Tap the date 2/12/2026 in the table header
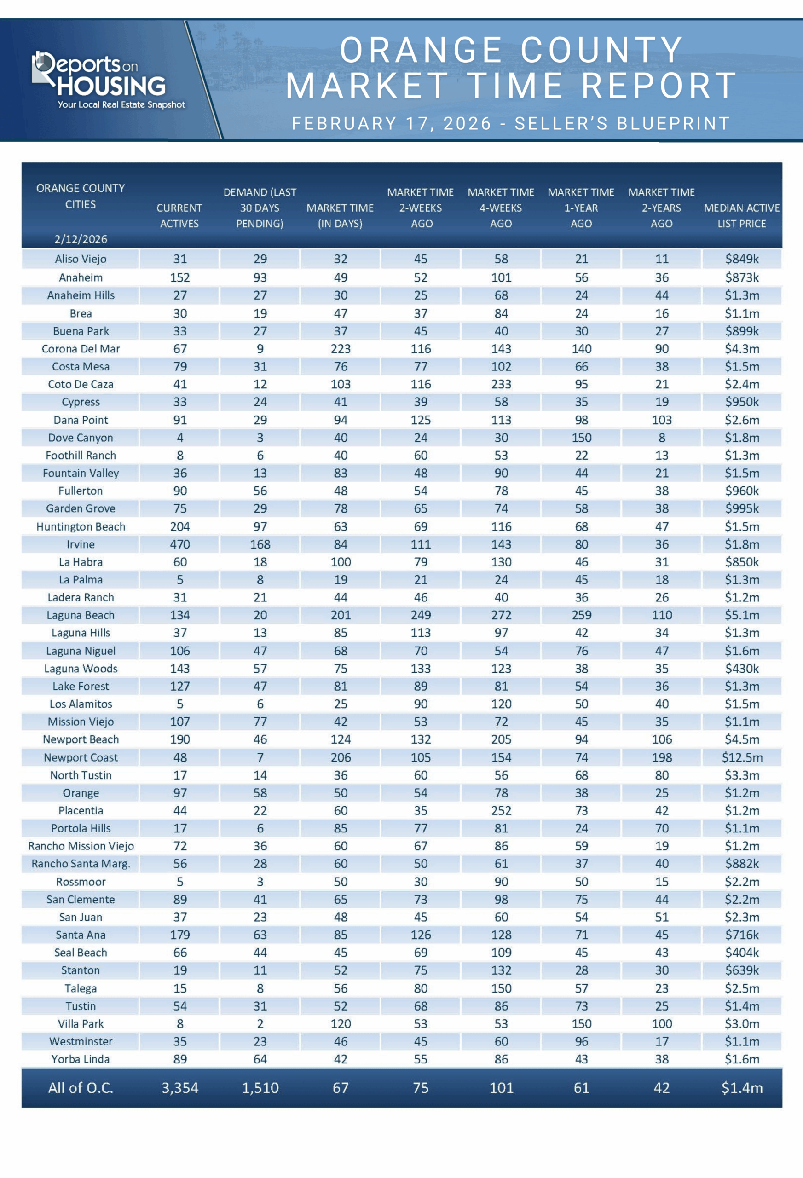tap(81, 239)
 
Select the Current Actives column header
tap(179, 215)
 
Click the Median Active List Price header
tap(742, 215)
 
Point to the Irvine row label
tap(81, 544)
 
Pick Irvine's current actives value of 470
tap(180, 544)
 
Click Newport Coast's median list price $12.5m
tap(742, 757)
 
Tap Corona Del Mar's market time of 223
tap(341, 349)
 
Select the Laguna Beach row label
tap(81, 615)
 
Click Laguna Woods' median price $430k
tap(742, 669)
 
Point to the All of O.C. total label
tap(81, 1088)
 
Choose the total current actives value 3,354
tap(180, 1088)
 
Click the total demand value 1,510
tap(260, 1088)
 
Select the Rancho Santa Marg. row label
tap(81, 864)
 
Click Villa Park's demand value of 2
tap(260, 1024)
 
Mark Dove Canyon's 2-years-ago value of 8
tap(662, 438)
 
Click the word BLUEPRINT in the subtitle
tap(674, 123)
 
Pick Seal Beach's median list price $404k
tap(742, 953)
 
